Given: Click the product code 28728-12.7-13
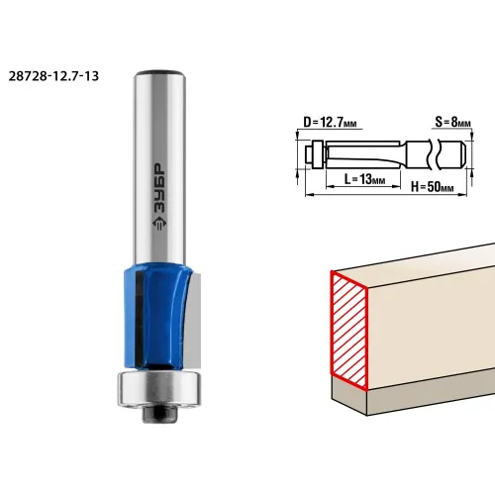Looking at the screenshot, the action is [x=53, y=76].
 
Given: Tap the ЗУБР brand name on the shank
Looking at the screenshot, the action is [x=160, y=187].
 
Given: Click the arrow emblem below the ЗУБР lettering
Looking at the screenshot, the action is [x=159, y=224].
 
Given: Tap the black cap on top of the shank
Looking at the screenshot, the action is [x=159, y=72].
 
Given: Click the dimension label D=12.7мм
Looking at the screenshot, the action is [x=330, y=123].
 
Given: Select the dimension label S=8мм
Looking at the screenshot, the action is [x=452, y=122].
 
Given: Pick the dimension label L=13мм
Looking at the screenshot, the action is [x=364, y=179].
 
